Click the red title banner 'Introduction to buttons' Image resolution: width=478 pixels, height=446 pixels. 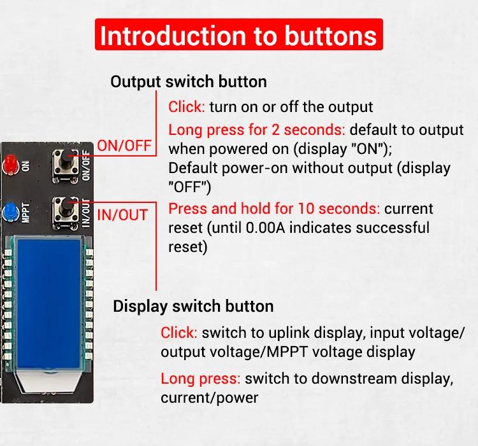[239, 34]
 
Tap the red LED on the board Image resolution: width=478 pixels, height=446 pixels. [10, 165]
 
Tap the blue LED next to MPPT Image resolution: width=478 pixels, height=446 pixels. [10, 212]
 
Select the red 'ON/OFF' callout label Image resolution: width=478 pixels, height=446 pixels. [124, 146]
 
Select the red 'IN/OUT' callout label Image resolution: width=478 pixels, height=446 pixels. [122, 215]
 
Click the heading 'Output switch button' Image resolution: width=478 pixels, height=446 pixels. [189, 81]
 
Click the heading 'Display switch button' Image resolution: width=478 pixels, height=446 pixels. [193, 306]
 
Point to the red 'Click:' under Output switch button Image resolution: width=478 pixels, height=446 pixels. [187, 107]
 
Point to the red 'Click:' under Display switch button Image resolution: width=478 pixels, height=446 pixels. [179, 333]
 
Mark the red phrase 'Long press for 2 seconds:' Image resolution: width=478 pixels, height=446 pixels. [257, 130]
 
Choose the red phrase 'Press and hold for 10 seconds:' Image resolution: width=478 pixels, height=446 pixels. [274, 209]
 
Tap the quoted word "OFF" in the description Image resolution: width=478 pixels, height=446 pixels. [190, 187]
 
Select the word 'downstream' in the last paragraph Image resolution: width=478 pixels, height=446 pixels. [354, 379]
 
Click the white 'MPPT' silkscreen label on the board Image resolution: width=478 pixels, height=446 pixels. [26, 213]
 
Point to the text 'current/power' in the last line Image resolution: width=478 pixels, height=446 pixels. [210, 398]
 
